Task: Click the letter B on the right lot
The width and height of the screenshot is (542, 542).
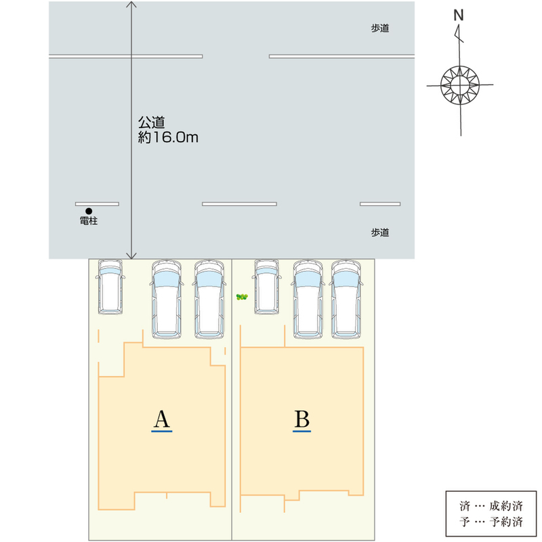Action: tap(302, 419)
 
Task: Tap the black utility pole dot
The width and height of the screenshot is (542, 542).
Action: tap(89, 211)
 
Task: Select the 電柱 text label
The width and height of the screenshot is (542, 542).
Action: tap(89, 221)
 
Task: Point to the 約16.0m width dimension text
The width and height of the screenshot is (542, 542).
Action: tap(167, 138)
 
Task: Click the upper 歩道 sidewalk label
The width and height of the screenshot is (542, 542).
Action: tap(380, 28)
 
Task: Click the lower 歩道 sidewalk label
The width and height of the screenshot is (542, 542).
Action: tap(380, 232)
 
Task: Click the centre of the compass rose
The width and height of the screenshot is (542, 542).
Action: tap(459, 85)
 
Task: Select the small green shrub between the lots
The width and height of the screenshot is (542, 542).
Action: tap(242, 297)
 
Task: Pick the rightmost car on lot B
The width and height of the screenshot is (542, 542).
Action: tap(347, 299)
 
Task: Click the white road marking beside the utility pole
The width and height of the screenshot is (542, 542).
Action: tap(97, 203)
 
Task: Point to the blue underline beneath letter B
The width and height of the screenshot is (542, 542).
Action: tap(302, 430)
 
